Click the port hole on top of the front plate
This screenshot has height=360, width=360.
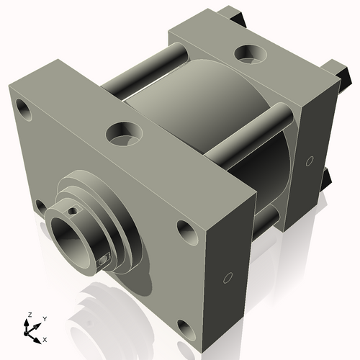point(123,133)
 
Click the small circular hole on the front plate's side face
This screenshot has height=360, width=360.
point(228,277)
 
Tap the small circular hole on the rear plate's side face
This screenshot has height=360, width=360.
point(310,161)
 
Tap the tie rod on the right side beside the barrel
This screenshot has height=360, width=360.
point(252,133)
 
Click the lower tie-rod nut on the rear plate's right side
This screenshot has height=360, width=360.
point(326,176)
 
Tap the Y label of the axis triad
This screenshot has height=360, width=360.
point(44,318)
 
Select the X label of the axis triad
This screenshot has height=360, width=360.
point(45,338)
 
